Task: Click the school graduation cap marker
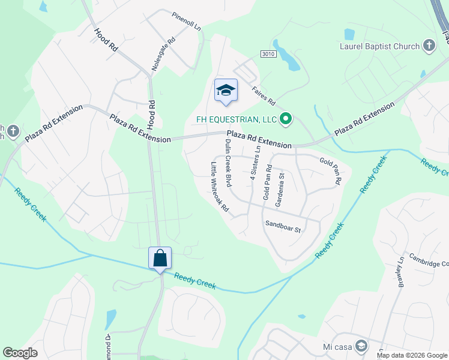[226, 91]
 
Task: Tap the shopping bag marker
[160, 259]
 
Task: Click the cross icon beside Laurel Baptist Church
[429, 46]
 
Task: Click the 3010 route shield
[268, 55]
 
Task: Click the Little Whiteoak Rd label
[220, 187]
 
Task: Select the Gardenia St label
[279, 190]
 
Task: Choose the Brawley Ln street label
[400, 272]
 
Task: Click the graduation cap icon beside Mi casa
[361, 346]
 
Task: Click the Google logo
[20, 353]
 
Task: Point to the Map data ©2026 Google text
[412, 355]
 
